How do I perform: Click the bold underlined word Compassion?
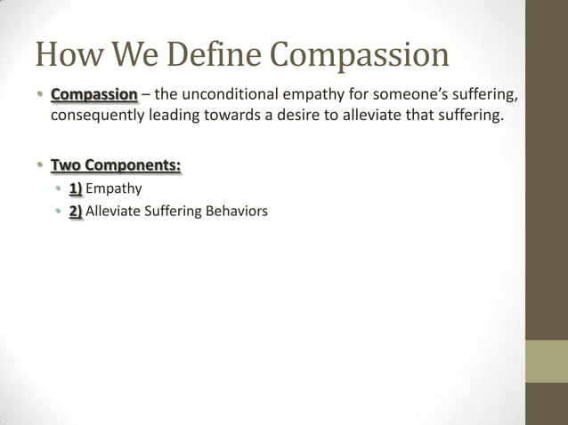[94, 95]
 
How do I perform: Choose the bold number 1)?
[76, 188]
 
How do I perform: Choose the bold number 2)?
[76, 211]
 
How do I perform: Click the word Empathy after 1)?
[114, 188]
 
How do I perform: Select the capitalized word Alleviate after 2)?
[114, 211]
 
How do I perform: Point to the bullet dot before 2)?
[58, 212]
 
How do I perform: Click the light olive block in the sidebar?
[546, 361]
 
